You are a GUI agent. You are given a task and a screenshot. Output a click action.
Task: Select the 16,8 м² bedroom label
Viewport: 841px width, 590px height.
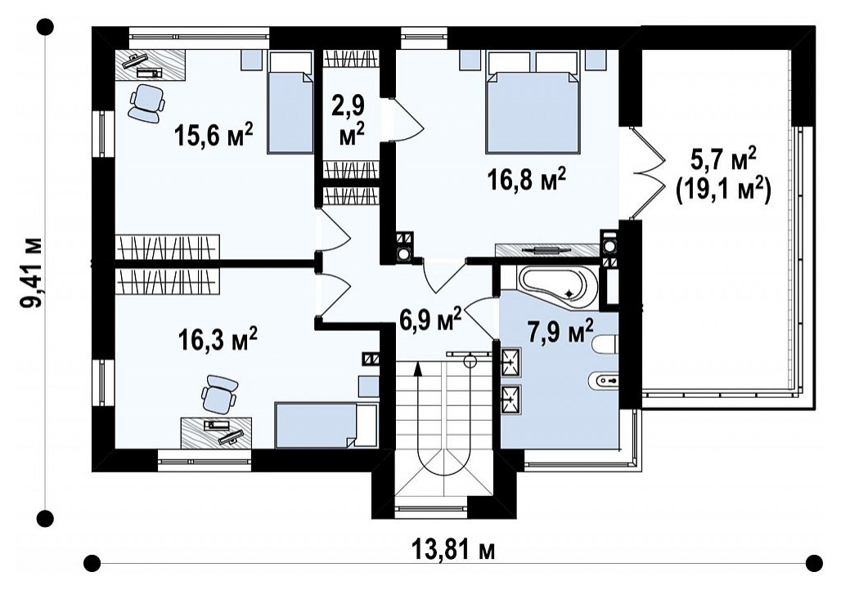point(527,179)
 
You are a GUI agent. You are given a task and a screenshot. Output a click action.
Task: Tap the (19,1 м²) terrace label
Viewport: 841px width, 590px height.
point(723,190)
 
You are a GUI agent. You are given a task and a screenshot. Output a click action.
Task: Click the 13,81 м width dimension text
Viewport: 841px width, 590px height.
point(454,550)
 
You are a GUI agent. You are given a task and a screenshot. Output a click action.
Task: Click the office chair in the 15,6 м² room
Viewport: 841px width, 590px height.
point(146,102)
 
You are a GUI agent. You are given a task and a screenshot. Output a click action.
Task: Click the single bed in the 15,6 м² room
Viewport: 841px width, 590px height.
point(290,102)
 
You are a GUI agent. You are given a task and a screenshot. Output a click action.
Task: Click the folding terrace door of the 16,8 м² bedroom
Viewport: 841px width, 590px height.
point(648,172)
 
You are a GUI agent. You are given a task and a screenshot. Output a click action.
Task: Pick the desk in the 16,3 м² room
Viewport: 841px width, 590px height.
point(217,432)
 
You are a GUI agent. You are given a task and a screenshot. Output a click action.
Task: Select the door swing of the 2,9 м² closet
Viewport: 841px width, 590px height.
point(407,119)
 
